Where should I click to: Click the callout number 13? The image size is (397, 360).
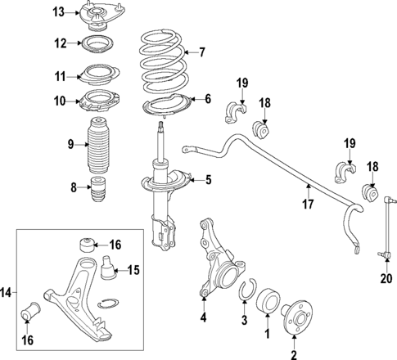pyautogui.click(x=58, y=11)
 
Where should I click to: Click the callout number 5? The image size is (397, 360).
pyautogui.click(x=208, y=179)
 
